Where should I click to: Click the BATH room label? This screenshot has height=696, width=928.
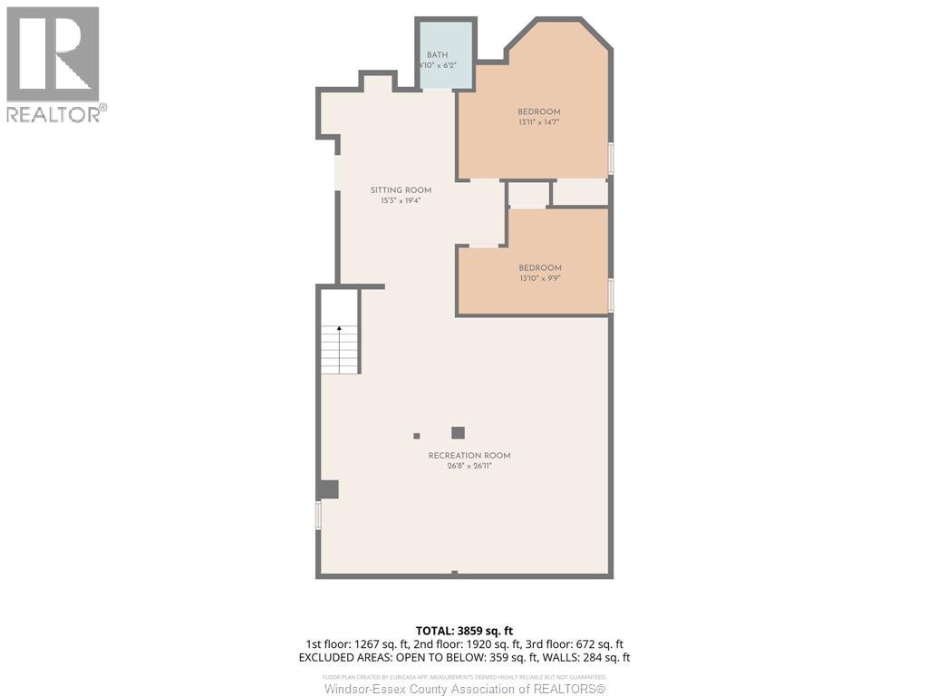(437, 55)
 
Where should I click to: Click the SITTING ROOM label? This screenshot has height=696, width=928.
(401, 190)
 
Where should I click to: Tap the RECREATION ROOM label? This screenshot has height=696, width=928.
(469, 456)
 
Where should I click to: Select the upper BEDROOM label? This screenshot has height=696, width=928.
(539, 111)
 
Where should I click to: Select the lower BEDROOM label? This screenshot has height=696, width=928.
(540, 268)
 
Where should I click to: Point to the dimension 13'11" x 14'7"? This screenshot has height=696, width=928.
(539, 122)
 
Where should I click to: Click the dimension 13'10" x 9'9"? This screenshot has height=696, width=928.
(540, 279)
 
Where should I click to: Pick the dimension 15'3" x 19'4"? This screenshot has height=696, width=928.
(401, 201)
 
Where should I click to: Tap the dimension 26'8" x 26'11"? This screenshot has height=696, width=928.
(469, 467)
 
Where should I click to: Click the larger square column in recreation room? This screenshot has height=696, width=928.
(458, 433)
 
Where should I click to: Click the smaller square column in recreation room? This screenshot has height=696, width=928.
(417, 435)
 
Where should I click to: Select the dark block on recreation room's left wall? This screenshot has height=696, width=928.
(328, 489)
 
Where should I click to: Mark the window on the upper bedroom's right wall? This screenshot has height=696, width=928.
(611, 159)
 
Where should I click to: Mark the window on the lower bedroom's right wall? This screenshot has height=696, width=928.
(611, 295)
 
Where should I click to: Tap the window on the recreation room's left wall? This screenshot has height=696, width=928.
(318, 515)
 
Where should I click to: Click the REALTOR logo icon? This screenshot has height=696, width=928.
(53, 54)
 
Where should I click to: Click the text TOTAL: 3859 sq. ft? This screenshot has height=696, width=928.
(464, 631)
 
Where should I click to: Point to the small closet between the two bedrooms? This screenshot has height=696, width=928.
(528, 195)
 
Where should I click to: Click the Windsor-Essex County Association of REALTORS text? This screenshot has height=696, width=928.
(464, 690)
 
